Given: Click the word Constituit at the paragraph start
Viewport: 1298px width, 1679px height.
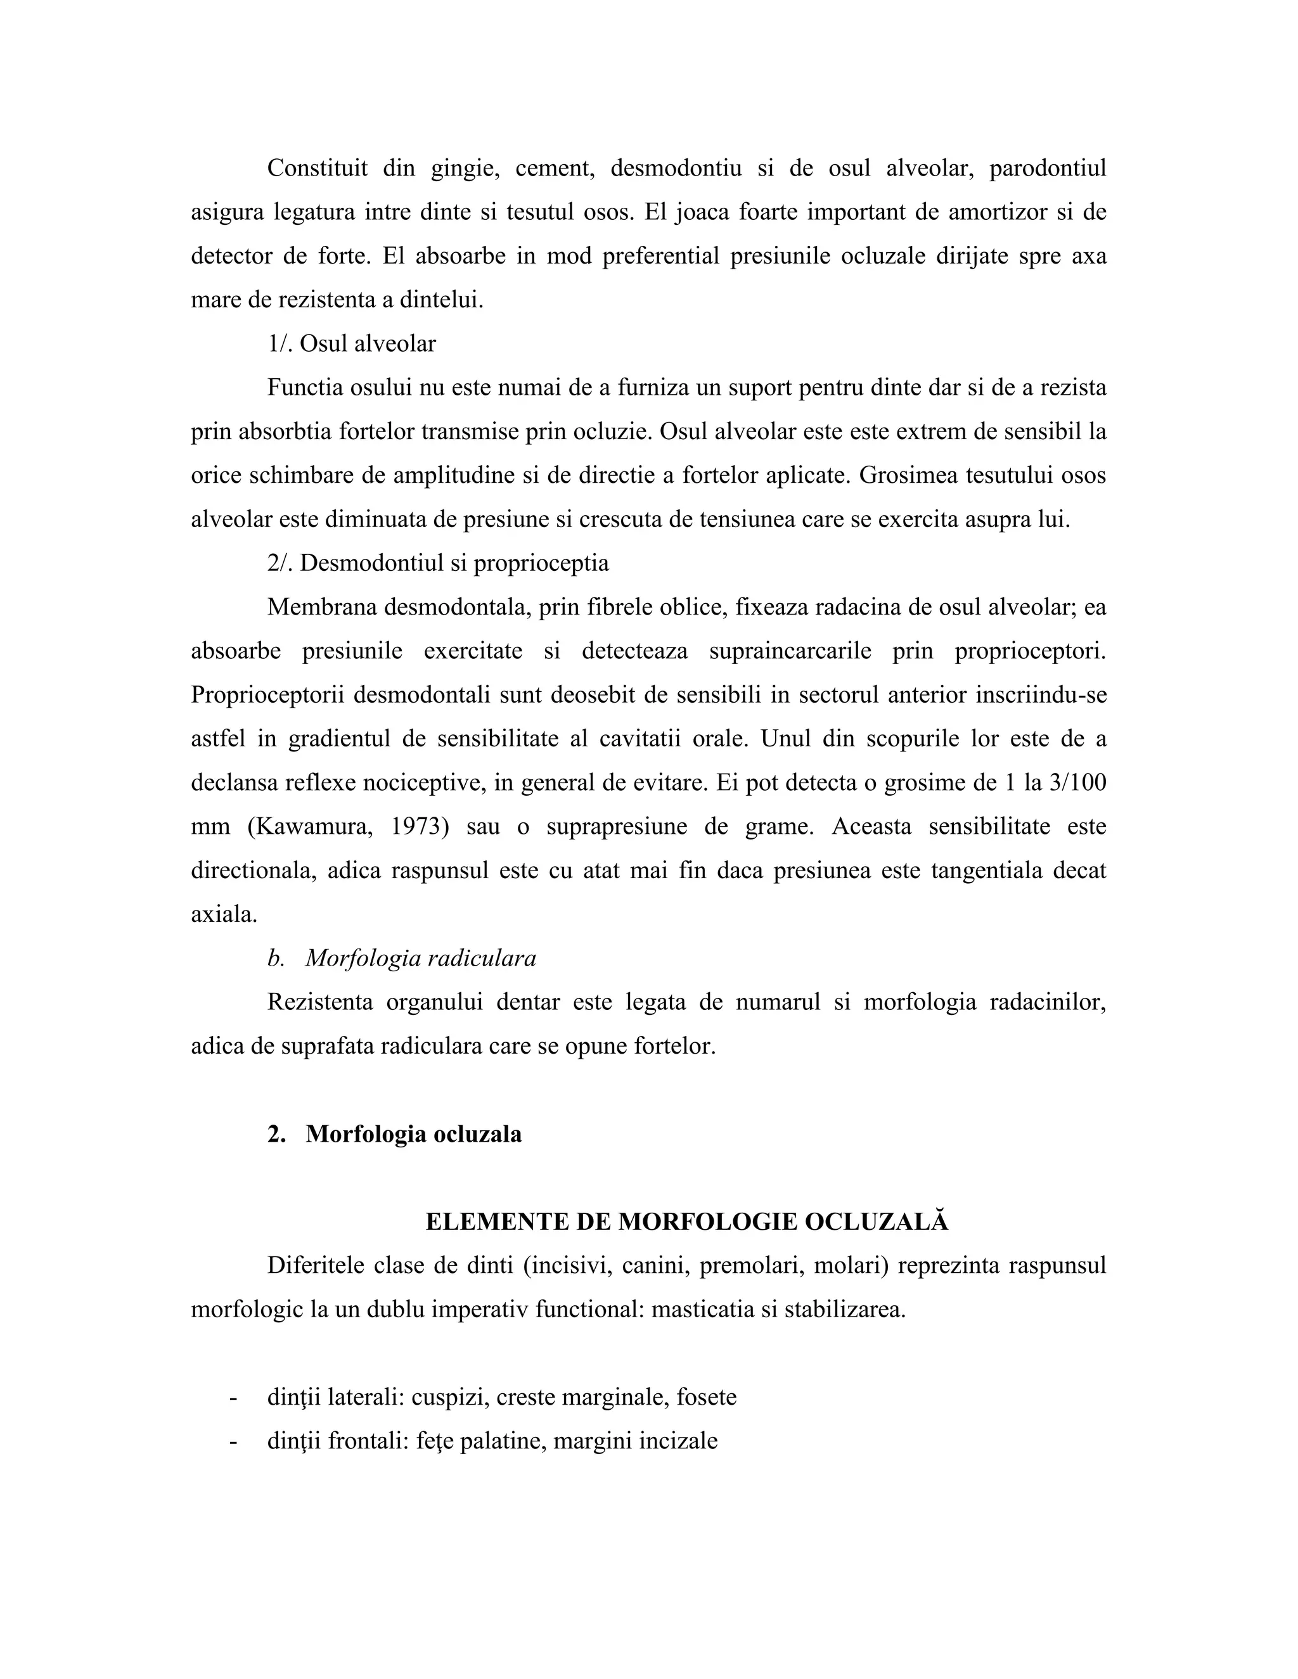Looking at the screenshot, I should pos(317,168).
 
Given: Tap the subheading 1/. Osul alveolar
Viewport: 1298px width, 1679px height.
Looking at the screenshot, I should pos(351,343).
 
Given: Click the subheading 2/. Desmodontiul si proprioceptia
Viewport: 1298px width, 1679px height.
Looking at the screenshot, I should pos(439,563).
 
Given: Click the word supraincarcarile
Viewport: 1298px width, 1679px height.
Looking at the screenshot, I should pos(790,651).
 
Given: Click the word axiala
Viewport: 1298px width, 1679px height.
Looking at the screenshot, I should pos(224,915).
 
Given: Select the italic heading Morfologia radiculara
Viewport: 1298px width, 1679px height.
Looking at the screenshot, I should pos(421,959).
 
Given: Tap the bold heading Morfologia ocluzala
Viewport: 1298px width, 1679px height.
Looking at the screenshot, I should pos(413,1134).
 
